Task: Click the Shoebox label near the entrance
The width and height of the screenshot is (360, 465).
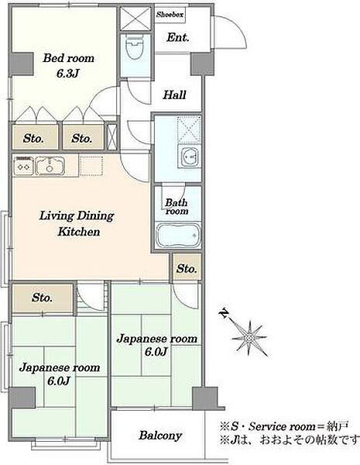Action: (x=170, y=14)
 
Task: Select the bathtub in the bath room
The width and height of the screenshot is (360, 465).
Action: (x=178, y=236)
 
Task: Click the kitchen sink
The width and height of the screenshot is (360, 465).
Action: (x=50, y=166)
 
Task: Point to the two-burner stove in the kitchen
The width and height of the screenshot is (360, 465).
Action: (x=24, y=166)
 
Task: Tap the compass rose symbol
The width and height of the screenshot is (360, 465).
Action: (x=249, y=338)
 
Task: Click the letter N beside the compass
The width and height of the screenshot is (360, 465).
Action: (x=225, y=313)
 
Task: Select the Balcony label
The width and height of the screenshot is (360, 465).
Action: (x=160, y=436)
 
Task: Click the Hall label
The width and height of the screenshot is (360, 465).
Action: (x=174, y=95)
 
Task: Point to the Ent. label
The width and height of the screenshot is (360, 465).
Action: (x=178, y=37)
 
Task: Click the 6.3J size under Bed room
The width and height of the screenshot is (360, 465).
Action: (x=68, y=74)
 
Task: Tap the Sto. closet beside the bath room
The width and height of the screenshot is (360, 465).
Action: (x=187, y=267)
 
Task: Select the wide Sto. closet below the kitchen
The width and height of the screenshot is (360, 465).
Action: (x=42, y=298)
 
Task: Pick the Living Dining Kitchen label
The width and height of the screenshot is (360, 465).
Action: (x=77, y=223)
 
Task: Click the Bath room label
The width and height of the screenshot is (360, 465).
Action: (x=177, y=207)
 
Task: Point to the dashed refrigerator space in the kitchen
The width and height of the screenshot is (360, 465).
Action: (x=91, y=166)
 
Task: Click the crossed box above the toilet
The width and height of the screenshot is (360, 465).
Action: (x=135, y=19)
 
